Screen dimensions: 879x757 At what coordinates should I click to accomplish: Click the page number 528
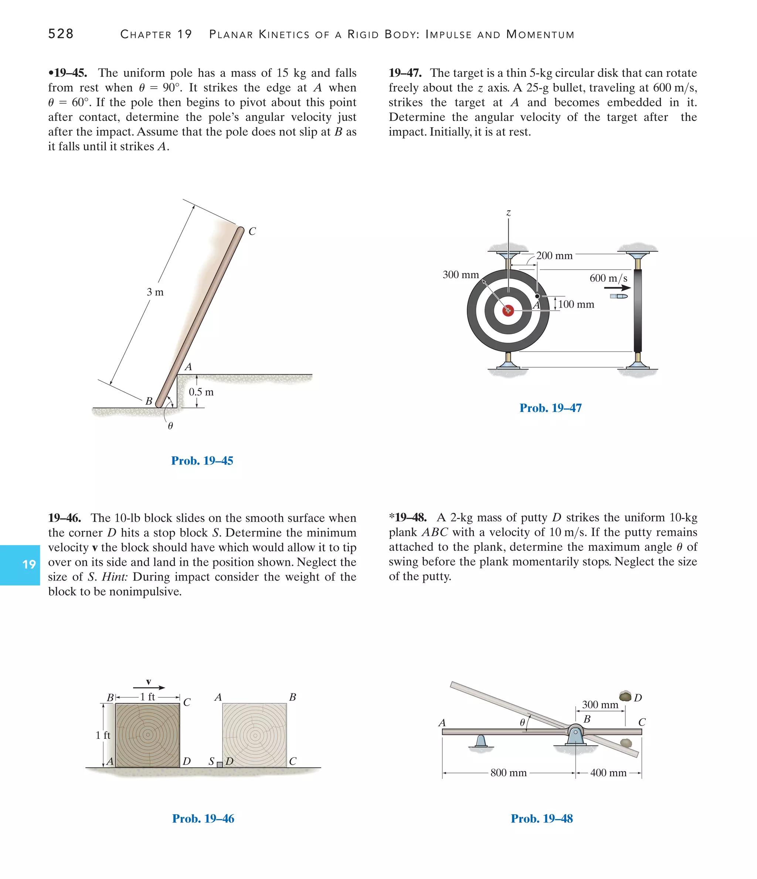click(61, 34)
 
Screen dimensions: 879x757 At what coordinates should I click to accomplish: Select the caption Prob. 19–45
click(202, 461)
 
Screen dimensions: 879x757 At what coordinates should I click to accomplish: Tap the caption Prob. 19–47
click(550, 408)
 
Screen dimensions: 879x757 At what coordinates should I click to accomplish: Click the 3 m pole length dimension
click(155, 292)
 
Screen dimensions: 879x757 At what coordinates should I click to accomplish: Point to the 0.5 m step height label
click(201, 392)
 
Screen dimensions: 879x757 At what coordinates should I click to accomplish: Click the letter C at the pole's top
click(252, 231)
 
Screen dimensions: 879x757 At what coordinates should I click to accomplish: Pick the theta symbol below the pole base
click(170, 426)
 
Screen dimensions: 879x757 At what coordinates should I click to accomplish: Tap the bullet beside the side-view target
click(619, 296)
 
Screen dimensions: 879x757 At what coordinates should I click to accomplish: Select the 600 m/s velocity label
click(608, 278)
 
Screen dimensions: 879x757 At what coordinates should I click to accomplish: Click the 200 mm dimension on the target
click(554, 256)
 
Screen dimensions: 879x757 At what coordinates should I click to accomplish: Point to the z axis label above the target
click(509, 213)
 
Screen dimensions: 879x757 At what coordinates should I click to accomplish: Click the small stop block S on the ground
click(220, 764)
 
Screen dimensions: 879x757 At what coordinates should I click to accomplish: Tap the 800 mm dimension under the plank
click(509, 773)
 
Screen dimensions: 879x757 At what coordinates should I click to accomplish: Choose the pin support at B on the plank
click(576, 734)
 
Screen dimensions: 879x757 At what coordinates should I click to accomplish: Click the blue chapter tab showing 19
click(20, 565)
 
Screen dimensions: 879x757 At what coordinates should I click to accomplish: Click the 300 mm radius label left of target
click(461, 275)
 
